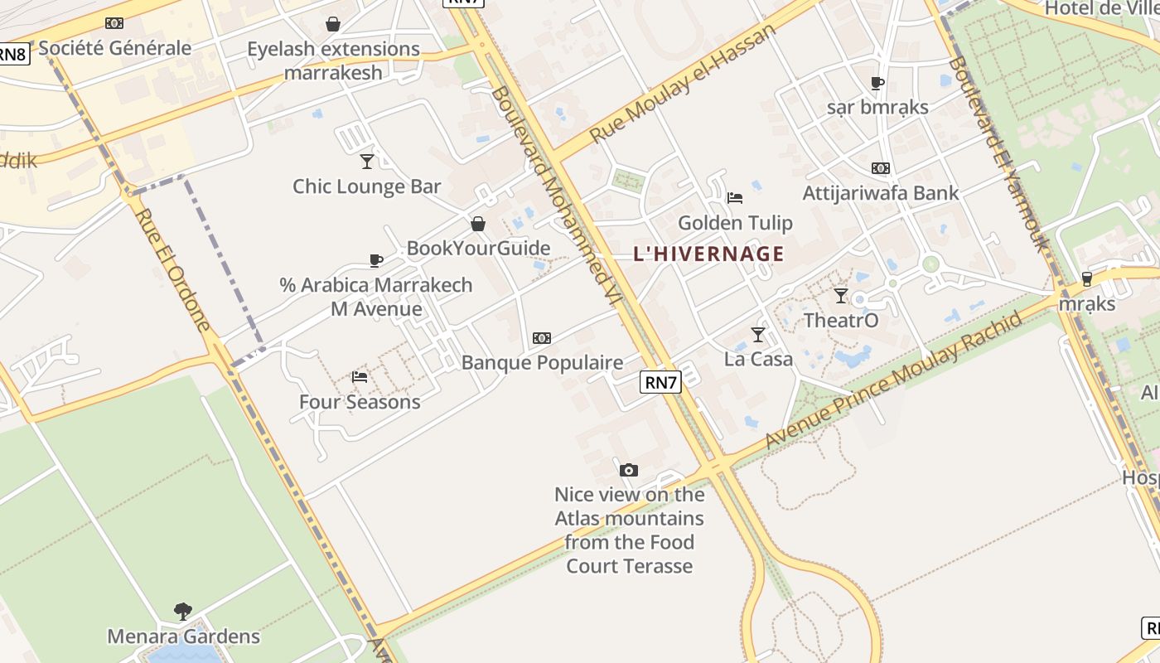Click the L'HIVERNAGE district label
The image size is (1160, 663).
pos(708,254)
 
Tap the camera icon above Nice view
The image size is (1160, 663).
pos(629,471)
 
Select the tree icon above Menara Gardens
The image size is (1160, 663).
pos(183,612)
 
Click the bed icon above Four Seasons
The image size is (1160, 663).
pos(360,376)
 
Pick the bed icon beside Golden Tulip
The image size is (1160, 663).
pos(734,197)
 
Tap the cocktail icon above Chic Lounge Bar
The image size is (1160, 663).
pos(367,161)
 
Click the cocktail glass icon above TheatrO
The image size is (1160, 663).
pos(841,295)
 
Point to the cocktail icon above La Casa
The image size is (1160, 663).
pos(758,334)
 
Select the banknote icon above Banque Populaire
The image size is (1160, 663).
pos(542,338)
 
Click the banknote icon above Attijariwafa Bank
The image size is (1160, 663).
pos(881,168)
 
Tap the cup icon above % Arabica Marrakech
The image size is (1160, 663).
pos(376,260)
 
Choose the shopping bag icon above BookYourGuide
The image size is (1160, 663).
pos(478,224)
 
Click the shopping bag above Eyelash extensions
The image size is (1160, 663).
pos(333,24)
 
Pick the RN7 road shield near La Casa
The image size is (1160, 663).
pos(660,381)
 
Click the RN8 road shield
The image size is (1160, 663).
pos(12,55)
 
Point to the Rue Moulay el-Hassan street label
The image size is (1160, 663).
pos(684,83)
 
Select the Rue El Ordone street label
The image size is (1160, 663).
pos(174,269)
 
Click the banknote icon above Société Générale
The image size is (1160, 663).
pos(114,23)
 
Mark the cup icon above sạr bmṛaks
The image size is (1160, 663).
pos(877,83)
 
